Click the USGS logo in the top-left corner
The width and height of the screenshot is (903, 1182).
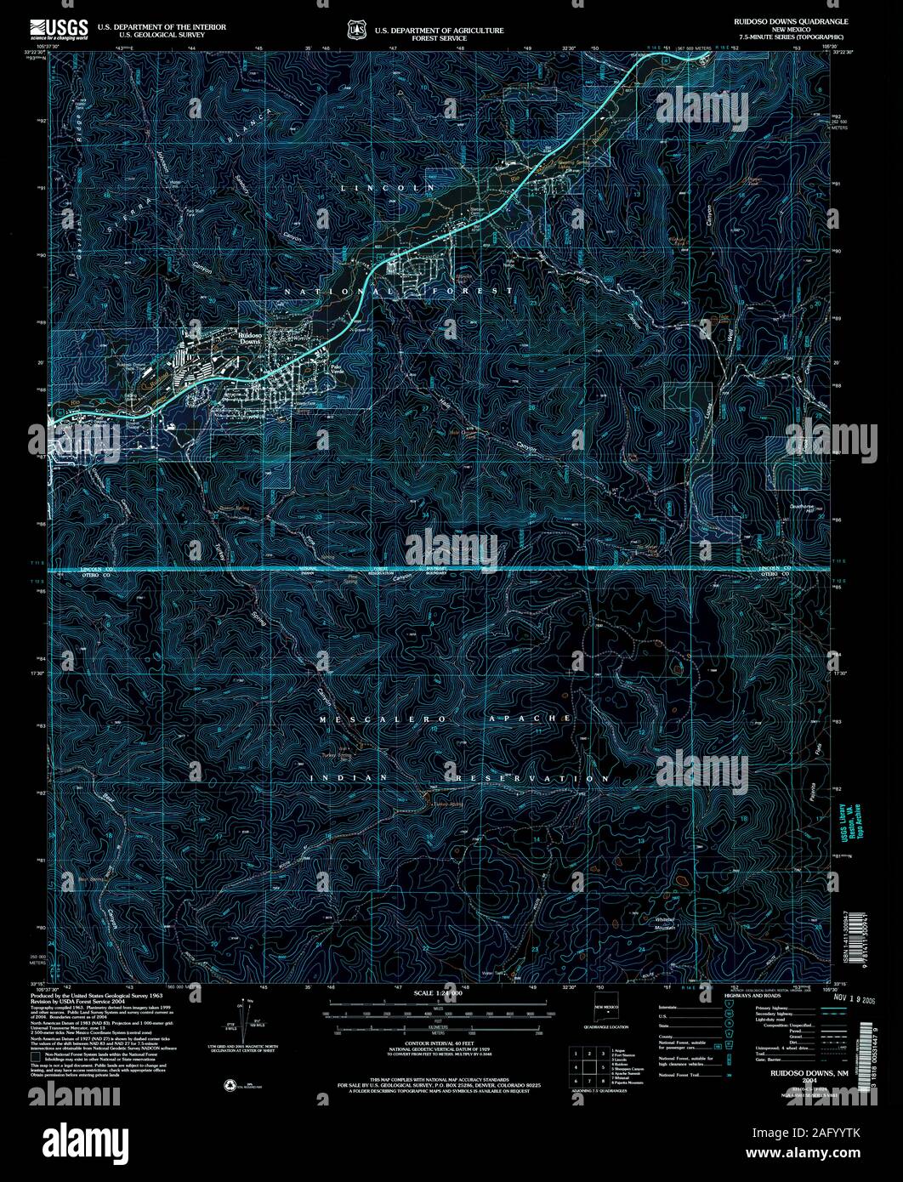(x=59, y=31)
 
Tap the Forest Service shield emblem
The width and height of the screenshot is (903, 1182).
(x=355, y=30)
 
